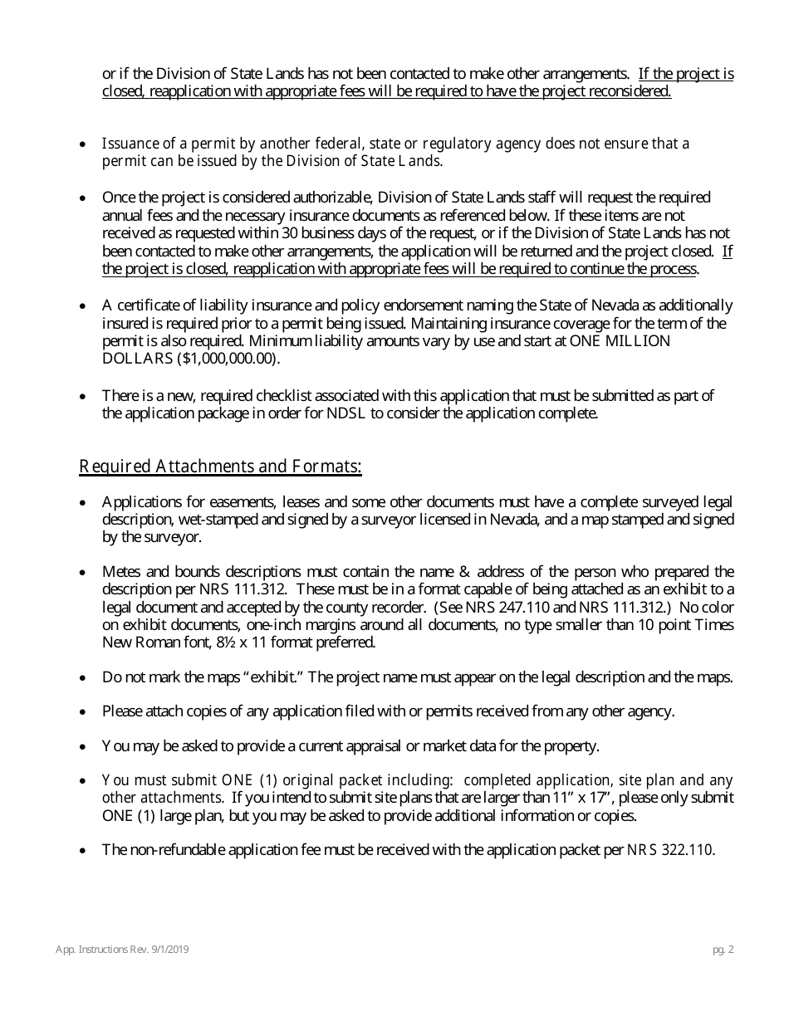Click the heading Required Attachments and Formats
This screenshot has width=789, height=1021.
pyautogui.click(x=220, y=467)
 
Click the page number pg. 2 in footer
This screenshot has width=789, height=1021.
pyautogui.click(x=723, y=950)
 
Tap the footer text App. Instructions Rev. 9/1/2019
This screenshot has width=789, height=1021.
pyautogui.click(x=122, y=950)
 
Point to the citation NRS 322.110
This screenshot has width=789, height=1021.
pyautogui.click(x=670, y=850)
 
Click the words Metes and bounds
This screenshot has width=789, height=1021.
pyautogui.click(x=154, y=572)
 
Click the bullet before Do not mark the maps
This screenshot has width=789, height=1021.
pyautogui.click(x=82, y=678)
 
